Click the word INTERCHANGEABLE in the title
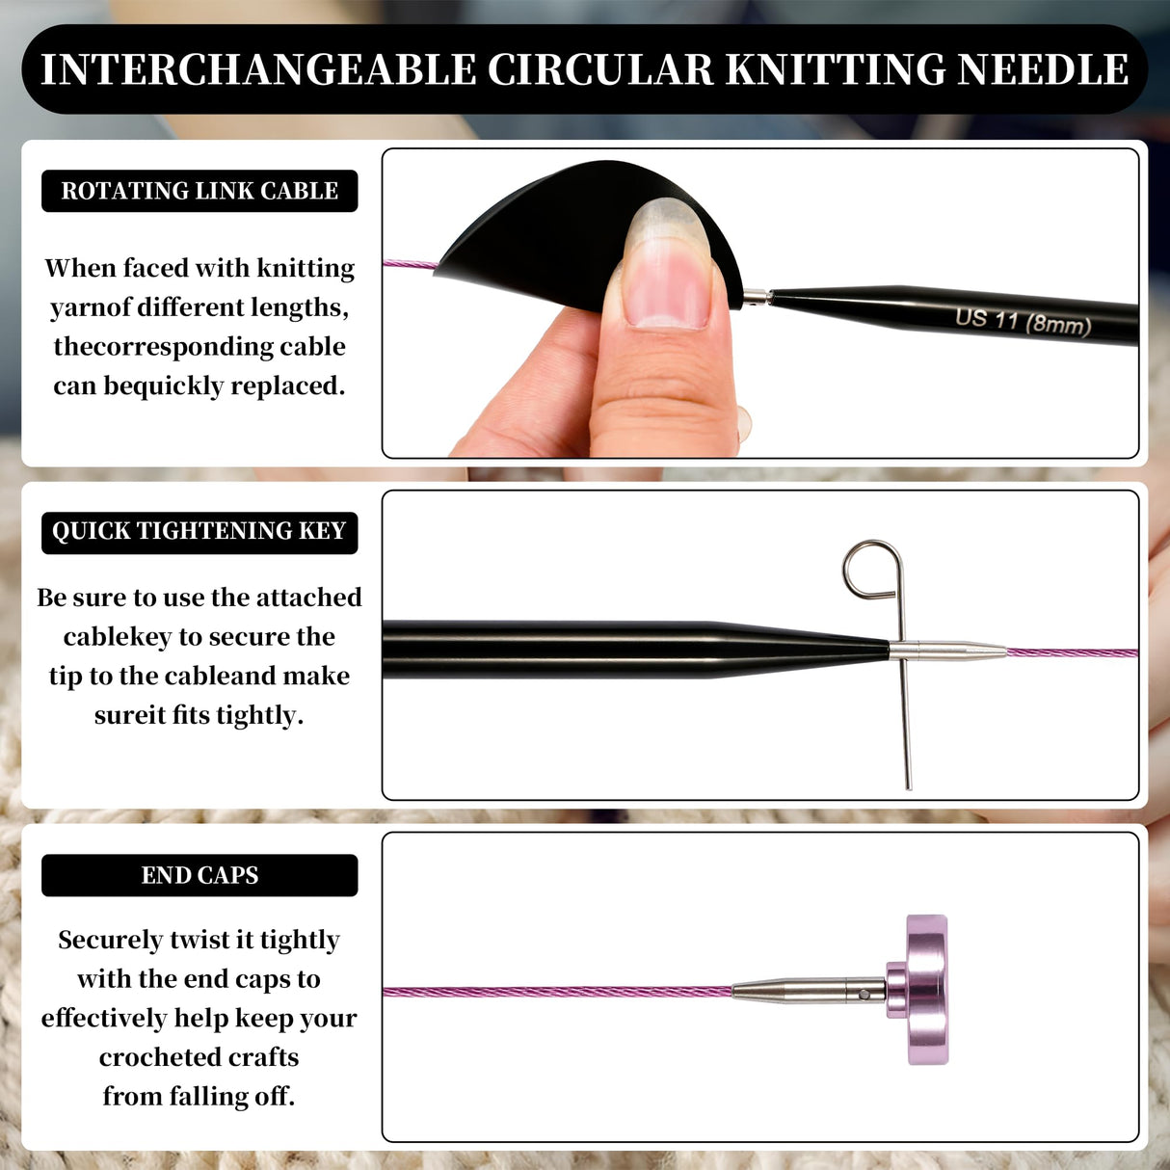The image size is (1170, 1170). tap(258, 70)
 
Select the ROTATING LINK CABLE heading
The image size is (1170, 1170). tap(199, 191)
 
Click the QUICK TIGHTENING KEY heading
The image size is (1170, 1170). tap(199, 531)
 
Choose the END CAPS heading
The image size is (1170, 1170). tap(199, 875)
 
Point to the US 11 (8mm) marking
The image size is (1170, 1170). tap(1023, 321)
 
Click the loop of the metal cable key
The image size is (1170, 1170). tap(872, 569)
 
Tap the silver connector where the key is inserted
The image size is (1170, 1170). tap(944, 651)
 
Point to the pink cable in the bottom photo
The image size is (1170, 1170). tap(559, 992)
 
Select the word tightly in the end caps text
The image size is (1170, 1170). tap(300, 940)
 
